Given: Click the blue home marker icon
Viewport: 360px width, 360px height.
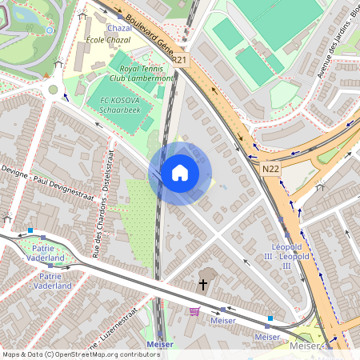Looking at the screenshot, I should (180, 173).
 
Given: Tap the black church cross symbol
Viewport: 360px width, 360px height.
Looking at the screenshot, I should (203, 284).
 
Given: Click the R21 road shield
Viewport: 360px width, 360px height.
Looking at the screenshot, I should (178, 59).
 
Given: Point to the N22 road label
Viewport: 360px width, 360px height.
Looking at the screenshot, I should (270, 169).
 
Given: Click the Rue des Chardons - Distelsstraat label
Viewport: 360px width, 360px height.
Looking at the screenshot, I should (102, 216).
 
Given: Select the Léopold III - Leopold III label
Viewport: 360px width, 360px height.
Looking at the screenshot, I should (290, 254).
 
